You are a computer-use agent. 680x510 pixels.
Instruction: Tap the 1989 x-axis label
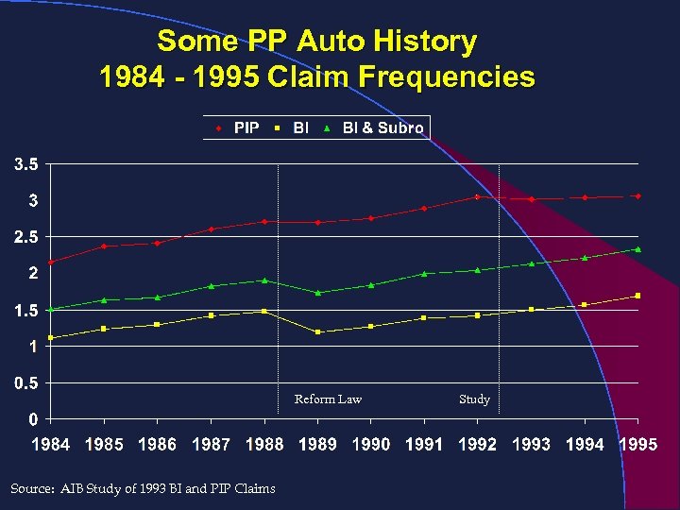[x=317, y=445]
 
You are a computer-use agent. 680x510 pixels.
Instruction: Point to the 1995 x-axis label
[x=637, y=445]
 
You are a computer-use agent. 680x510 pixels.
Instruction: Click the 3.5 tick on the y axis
[x=25, y=164]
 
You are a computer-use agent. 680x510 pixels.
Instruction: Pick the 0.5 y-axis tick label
[x=25, y=382]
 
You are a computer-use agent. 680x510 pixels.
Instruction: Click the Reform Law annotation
[x=328, y=399]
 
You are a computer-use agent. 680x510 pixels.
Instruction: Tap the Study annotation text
[x=474, y=399]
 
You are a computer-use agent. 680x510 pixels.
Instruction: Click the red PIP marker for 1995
[x=638, y=196]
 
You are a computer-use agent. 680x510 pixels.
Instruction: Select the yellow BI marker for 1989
[x=318, y=331]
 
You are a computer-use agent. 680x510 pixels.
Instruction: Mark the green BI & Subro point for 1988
[x=265, y=280]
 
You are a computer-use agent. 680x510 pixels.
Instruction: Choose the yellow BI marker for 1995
[x=638, y=296]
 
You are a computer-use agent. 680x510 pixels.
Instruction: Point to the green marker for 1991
[x=425, y=274]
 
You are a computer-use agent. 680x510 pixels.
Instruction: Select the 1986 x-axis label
[x=157, y=445]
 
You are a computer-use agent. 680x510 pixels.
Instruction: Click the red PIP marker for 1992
[x=478, y=196]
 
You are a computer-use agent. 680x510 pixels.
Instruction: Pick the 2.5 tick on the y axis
[x=25, y=237]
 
